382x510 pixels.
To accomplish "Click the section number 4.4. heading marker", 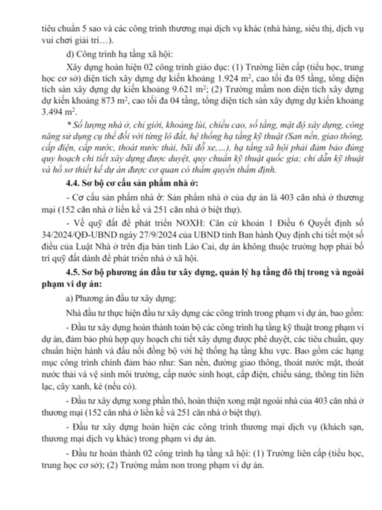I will pos(70,184).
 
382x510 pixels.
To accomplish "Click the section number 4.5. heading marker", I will pos(70,273).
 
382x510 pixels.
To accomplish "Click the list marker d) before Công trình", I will pos(67,54).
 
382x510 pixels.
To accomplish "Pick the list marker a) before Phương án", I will pos(67,299).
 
